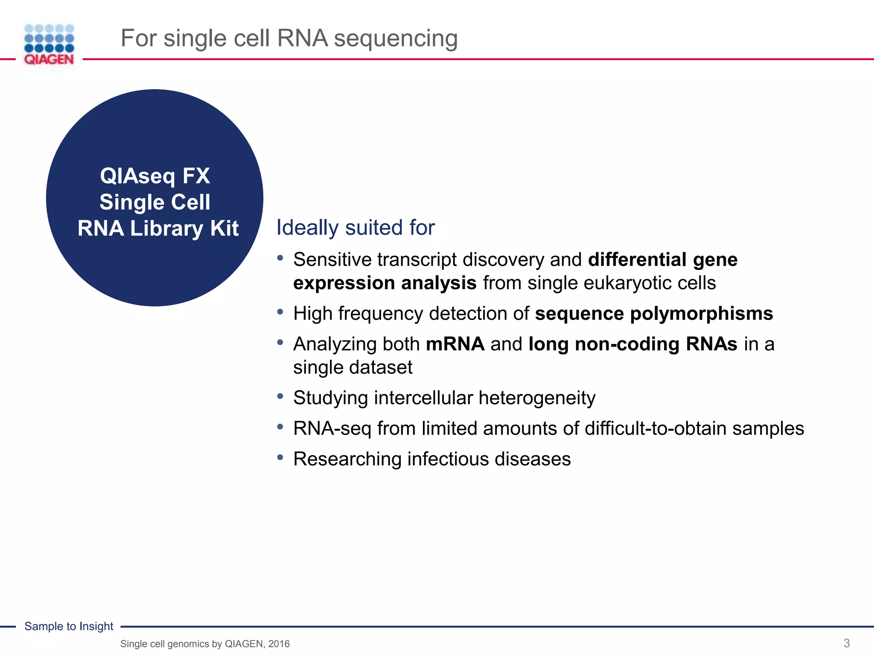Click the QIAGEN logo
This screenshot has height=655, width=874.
(49, 45)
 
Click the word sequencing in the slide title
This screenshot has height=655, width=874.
(396, 38)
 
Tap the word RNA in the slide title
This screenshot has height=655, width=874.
(302, 38)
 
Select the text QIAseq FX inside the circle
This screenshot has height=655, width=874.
(155, 176)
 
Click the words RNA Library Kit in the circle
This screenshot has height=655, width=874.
(158, 228)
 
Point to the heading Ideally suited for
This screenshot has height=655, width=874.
(355, 227)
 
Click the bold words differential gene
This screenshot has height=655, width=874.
(662, 259)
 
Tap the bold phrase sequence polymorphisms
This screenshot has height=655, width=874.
(654, 313)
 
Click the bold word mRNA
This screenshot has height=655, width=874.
(455, 344)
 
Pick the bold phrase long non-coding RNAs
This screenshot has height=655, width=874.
(632, 344)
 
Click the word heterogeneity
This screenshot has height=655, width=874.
(537, 398)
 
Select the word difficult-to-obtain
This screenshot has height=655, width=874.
(655, 428)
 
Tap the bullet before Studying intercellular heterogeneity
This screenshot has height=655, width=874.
(280, 397)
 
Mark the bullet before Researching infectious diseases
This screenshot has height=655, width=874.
(280, 458)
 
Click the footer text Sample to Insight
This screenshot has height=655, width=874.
(69, 626)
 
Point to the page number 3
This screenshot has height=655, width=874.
(846, 643)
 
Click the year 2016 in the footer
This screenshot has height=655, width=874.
(279, 644)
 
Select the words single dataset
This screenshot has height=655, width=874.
(353, 367)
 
